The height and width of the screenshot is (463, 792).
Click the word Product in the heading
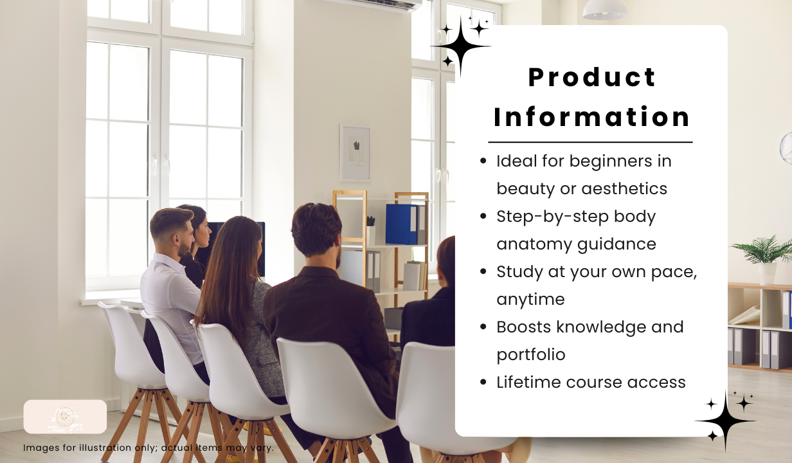coord(592,77)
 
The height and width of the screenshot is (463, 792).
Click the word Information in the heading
coord(592,117)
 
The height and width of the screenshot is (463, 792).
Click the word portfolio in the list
coord(531,355)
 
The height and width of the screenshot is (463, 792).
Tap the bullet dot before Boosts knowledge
coord(483,327)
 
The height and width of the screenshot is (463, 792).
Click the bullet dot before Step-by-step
coord(483,216)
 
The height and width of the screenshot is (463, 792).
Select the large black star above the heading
coord(460,46)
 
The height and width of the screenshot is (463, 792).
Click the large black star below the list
coord(726,421)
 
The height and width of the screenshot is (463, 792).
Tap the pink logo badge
coord(65,416)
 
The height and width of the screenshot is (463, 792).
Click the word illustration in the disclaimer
coord(105,448)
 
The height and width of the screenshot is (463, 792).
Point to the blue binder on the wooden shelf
coord(401,224)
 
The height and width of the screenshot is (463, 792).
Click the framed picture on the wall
coord(355,152)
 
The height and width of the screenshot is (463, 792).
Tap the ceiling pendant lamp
coord(605,10)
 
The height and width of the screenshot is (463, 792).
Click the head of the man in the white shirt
coord(172,231)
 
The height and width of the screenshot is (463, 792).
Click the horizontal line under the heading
coord(590,142)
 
